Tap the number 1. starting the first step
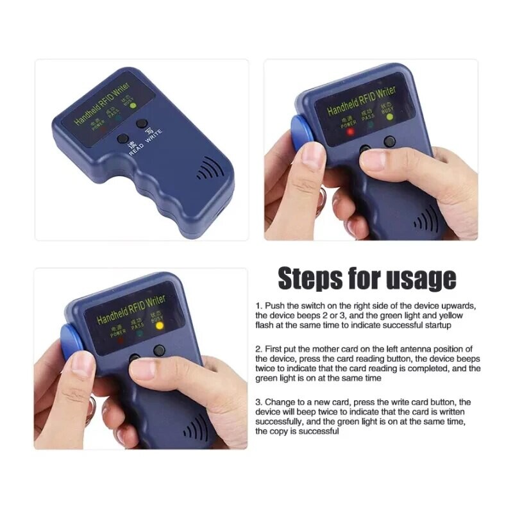click(x=259, y=307)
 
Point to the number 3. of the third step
click(x=259, y=401)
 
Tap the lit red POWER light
click(x=350, y=133)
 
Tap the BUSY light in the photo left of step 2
click(x=160, y=325)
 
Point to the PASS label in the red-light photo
click(x=367, y=119)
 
